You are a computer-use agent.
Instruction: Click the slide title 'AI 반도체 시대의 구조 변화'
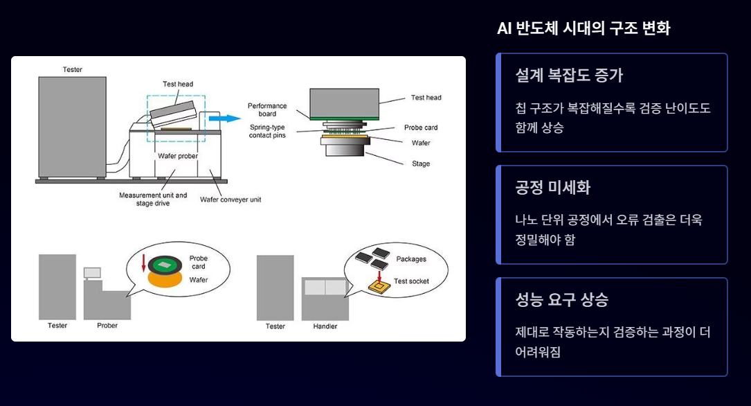(x=583, y=28)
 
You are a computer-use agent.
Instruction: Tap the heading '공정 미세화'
(x=552, y=188)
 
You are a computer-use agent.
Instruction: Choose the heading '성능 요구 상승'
(x=561, y=300)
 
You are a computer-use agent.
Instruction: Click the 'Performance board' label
(x=267, y=109)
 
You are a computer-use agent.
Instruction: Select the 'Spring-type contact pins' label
(x=267, y=131)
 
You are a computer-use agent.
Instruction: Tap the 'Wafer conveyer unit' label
(x=230, y=200)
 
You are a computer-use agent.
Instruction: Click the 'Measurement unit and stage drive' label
(x=153, y=199)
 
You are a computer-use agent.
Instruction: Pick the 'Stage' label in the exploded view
(x=420, y=164)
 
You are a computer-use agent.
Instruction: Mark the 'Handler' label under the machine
(x=325, y=326)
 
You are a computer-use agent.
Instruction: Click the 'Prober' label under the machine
(x=107, y=326)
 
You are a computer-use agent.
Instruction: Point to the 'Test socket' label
(x=411, y=281)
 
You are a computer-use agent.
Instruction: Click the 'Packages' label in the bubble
(x=411, y=259)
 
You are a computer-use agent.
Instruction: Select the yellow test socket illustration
(x=378, y=285)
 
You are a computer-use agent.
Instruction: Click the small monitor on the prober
(x=92, y=272)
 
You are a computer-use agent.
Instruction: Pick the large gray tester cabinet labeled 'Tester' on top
(x=72, y=127)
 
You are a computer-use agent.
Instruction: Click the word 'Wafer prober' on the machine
(x=177, y=156)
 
